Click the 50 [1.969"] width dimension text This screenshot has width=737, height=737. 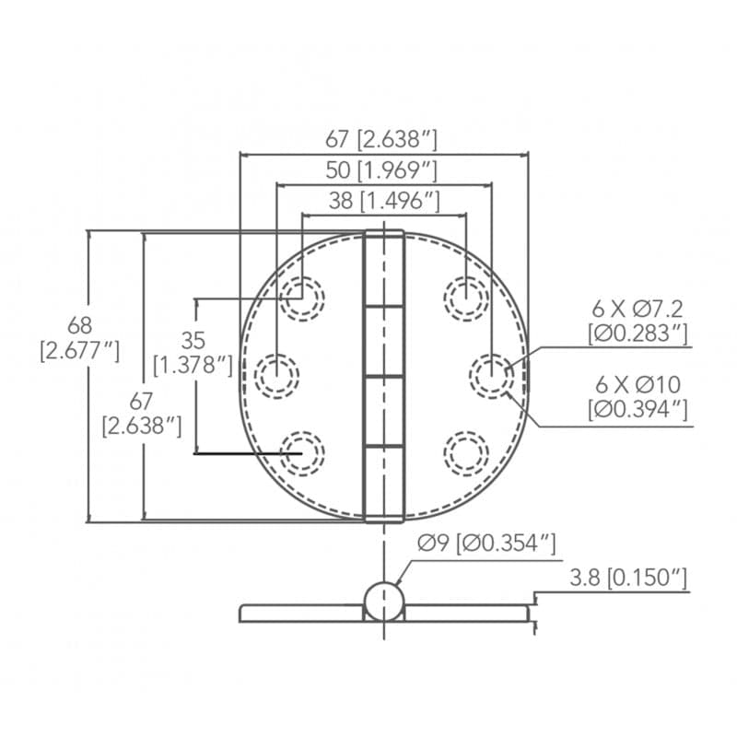(x=381, y=170)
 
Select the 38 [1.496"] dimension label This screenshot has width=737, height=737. (x=384, y=201)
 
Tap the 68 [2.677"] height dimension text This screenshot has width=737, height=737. (x=79, y=338)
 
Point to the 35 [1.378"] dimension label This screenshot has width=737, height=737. (x=193, y=353)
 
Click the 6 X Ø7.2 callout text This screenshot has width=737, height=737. (x=637, y=310)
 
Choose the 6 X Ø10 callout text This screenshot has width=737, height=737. (x=638, y=385)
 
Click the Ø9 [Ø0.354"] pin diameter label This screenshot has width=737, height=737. (x=486, y=544)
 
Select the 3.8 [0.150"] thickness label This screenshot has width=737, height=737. (x=628, y=578)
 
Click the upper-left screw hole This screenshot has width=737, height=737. (x=302, y=298)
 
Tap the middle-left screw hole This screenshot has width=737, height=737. (x=277, y=376)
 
